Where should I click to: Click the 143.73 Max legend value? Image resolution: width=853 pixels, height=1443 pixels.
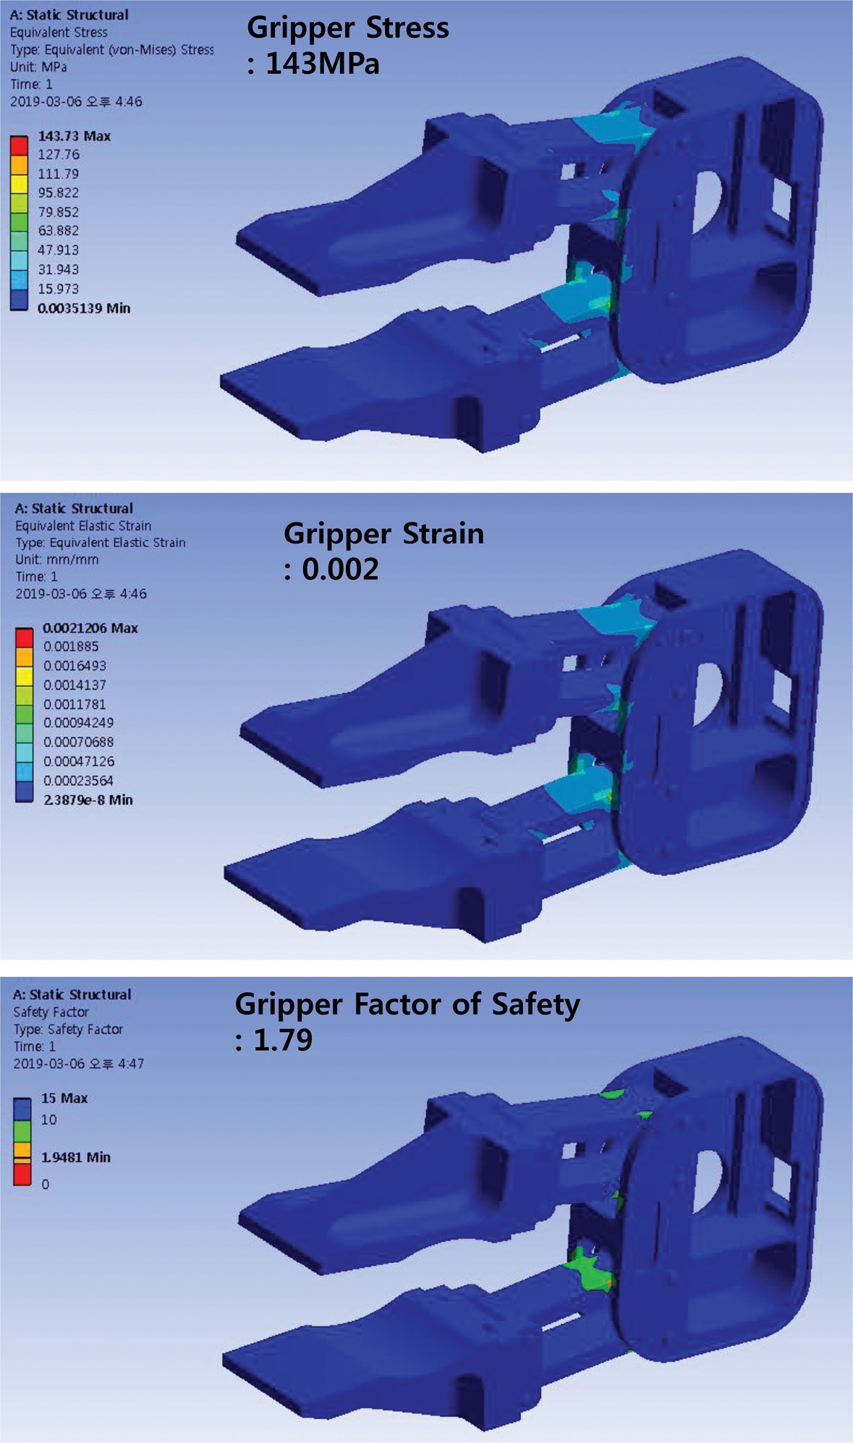(74, 136)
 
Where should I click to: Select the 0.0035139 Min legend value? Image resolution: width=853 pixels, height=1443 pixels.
(84, 308)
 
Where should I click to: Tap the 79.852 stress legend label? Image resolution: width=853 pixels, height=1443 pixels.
(59, 212)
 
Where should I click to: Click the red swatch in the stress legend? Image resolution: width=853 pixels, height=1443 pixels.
(19, 145)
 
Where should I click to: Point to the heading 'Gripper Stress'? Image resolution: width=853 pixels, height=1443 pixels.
(348, 27)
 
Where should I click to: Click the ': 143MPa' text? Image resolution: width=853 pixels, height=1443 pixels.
(313, 64)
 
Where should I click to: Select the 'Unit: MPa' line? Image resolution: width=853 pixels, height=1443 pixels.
(38, 67)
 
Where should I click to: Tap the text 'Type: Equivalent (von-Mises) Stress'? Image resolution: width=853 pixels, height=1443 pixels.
(112, 50)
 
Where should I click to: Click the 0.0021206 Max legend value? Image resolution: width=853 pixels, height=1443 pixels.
(90, 628)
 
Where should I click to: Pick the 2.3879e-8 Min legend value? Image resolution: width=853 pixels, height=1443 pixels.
(88, 800)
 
